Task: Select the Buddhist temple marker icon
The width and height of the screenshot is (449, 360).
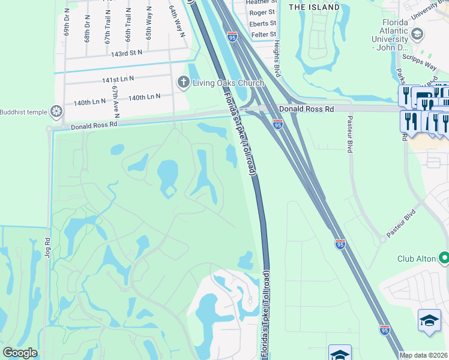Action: (56, 111)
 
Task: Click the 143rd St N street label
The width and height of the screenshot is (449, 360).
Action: (126, 53)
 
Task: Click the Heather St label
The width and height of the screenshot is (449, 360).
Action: (261, 2)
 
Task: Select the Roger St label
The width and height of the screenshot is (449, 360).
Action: (262, 13)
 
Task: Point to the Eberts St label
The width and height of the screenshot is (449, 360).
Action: (262, 23)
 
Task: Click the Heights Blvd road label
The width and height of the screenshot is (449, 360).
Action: (277, 56)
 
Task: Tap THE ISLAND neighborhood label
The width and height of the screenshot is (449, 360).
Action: (314, 7)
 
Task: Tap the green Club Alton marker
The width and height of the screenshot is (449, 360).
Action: (444, 259)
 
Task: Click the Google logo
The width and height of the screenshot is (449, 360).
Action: (20, 353)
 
